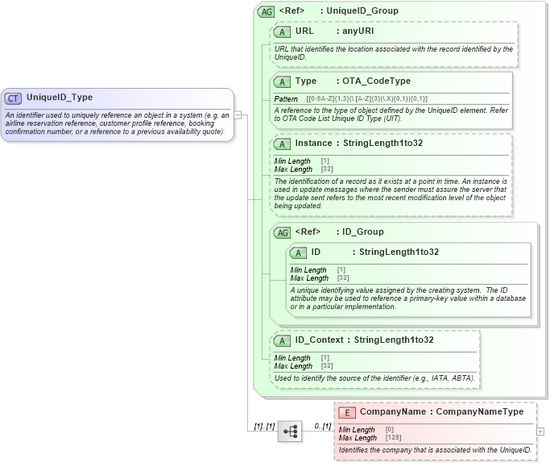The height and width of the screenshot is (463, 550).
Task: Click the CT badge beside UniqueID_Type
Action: click(x=13, y=98)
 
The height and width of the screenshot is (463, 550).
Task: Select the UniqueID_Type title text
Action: click(x=60, y=98)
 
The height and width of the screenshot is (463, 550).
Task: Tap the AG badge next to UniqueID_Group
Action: click(x=266, y=11)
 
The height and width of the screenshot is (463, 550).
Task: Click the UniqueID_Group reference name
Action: click(x=362, y=11)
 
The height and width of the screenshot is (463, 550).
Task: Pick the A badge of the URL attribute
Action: click(x=282, y=31)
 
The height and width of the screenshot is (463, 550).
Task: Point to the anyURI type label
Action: click(x=358, y=31)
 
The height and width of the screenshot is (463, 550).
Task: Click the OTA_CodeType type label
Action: click(x=376, y=81)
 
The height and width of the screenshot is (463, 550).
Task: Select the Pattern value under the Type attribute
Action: click(x=367, y=98)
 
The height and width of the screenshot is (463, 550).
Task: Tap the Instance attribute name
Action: click(x=313, y=144)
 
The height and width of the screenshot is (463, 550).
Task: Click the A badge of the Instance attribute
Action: click(x=282, y=144)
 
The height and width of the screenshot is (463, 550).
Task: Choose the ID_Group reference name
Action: click(x=363, y=232)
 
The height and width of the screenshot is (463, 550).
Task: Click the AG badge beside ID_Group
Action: click(x=282, y=232)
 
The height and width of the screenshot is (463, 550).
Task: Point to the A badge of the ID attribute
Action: click(x=298, y=252)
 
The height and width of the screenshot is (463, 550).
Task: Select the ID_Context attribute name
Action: click(x=320, y=340)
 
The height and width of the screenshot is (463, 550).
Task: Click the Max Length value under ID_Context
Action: click(x=327, y=366)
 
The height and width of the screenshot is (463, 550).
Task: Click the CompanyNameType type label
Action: click(x=479, y=412)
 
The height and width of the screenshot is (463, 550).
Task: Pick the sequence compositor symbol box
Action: click(x=290, y=432)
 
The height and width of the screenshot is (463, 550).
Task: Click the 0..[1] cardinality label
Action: click(x=322, y=426)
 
